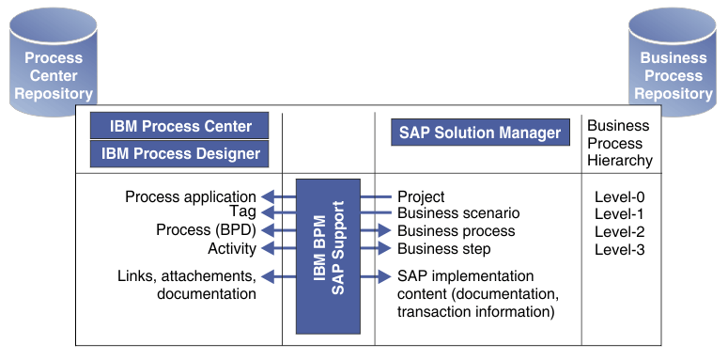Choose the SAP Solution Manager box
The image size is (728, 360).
pos(479,133)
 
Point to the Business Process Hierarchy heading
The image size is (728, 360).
pos(619,143)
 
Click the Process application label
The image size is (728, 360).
pos(191,197)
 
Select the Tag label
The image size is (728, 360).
pos(243,213)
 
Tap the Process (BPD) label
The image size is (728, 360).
pos(206,230)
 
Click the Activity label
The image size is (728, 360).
pos(232,248)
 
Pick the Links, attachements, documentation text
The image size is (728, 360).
pos(187,285)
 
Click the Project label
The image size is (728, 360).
pos(421,197)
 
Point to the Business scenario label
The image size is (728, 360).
pos(458,213)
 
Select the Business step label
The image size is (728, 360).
pos(443,248)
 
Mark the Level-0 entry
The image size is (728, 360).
pos(619,198)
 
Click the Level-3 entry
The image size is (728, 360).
pos(619,249)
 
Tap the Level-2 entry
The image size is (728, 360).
pos(619,232)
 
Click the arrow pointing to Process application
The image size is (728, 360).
pos(278,197)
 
